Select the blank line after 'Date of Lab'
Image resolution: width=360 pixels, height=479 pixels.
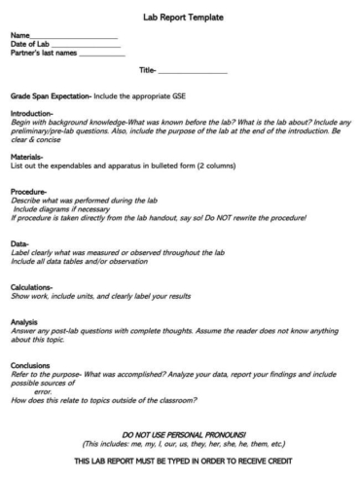[89, 46]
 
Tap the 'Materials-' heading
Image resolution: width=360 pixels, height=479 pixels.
[27, 157]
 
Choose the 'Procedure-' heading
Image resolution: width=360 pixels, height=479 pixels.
[29, 191]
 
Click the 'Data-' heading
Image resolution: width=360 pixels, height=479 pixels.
[19, 244]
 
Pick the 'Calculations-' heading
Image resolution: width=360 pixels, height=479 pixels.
[33, 287]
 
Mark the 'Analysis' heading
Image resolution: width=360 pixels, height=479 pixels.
[24, 321]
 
